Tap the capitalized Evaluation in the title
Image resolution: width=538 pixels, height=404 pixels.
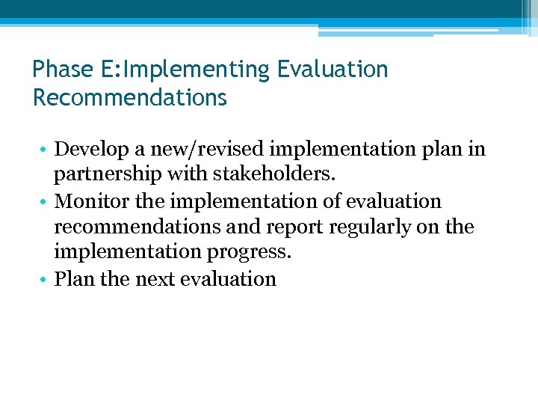click(x=333, y=70)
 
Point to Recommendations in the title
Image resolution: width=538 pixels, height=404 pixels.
click(x=130, y=98)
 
